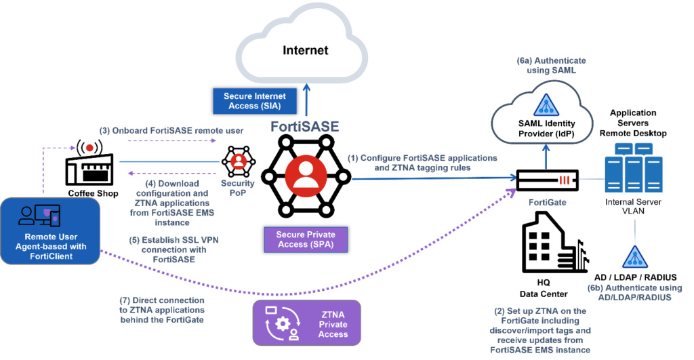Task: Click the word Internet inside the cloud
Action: (x=305, y=50)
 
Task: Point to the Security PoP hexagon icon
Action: (x=238, y=161)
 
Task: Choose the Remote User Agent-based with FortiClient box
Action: (x=52, y=228)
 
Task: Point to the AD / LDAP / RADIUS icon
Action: (x=635, y=257)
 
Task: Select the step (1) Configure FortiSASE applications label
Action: (x=422, y=162)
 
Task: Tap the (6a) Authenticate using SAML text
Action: (x=546, y=66)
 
